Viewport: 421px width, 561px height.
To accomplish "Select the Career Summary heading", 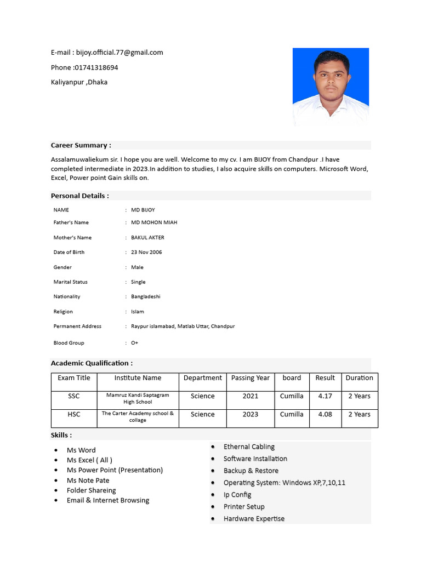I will click(81, 145).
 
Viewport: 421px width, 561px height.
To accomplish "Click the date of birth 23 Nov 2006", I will click(146, 252).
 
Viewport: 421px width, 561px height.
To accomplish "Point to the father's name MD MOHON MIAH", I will click(154, 222).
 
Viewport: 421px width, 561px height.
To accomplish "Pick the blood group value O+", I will click(135, 343).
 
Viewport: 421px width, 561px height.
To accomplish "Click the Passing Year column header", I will click(251, 378).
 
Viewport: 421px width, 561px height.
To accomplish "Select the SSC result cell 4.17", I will click(325, 396).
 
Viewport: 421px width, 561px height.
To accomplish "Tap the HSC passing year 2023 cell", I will click(251, 414).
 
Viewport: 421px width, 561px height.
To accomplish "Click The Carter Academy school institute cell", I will click(138, 416).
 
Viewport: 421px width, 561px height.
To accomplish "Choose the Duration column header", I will click(359, 378).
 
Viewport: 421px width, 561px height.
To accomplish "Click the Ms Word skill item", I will click(81, 450).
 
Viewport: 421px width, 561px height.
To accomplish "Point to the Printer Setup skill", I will click(244, 507).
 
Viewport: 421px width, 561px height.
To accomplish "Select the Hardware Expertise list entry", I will click(254, 519).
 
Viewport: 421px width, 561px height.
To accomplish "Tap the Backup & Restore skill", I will click(251, 471).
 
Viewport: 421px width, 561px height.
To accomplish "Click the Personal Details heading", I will click(80, 196).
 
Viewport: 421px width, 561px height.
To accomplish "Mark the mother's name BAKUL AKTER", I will click(147, 238).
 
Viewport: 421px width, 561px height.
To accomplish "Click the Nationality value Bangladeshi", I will click(146, 296).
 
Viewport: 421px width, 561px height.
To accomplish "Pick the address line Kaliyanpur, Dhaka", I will click(79, 82).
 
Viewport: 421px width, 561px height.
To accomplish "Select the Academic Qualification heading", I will click(92, 363).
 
